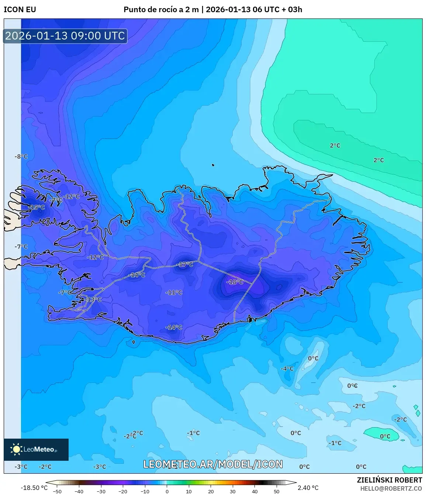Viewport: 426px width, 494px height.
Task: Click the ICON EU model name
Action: pos(20,10)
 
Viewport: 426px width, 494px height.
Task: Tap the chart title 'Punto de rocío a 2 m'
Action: pos(161,10)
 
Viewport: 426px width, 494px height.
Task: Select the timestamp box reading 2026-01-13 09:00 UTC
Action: pos(65,36)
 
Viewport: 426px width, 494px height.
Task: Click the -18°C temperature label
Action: pos(235,282)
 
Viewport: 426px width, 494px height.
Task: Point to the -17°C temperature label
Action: pos(185,264)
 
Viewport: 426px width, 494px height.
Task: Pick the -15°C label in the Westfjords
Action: pos(37,207)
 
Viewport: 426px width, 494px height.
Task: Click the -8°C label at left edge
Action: pos(21,157)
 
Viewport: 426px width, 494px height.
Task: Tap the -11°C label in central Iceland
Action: pos(174,292)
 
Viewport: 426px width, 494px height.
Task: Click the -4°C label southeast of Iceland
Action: pos(287,368)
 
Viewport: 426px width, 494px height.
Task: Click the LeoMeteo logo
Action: pos(36,449)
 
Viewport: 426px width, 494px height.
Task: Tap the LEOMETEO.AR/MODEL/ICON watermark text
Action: pos(213,464)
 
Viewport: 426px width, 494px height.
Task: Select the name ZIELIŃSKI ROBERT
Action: pos(389,480)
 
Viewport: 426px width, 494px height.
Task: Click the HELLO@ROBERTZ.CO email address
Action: pos(391,488)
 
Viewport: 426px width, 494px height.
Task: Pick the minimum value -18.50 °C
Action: pos(34,488)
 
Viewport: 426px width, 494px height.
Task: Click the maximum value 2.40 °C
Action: pos(308,488)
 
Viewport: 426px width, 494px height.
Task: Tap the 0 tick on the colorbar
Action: pos(167,491)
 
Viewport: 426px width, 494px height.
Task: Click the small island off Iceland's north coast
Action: pos(213,165)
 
